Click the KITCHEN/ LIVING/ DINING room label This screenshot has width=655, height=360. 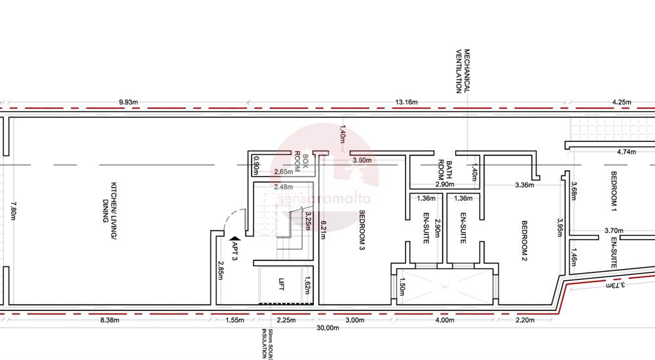109,202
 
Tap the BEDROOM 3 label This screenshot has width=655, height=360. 362,230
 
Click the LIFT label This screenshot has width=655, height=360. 282,284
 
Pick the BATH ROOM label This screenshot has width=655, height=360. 446,172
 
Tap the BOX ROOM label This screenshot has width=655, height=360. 301,164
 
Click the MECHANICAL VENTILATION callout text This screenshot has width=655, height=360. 463,71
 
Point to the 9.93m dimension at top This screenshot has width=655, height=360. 130,102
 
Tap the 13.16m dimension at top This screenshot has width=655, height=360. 406,102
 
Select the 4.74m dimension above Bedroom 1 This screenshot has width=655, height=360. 627,152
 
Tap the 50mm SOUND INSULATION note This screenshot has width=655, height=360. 267,344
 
